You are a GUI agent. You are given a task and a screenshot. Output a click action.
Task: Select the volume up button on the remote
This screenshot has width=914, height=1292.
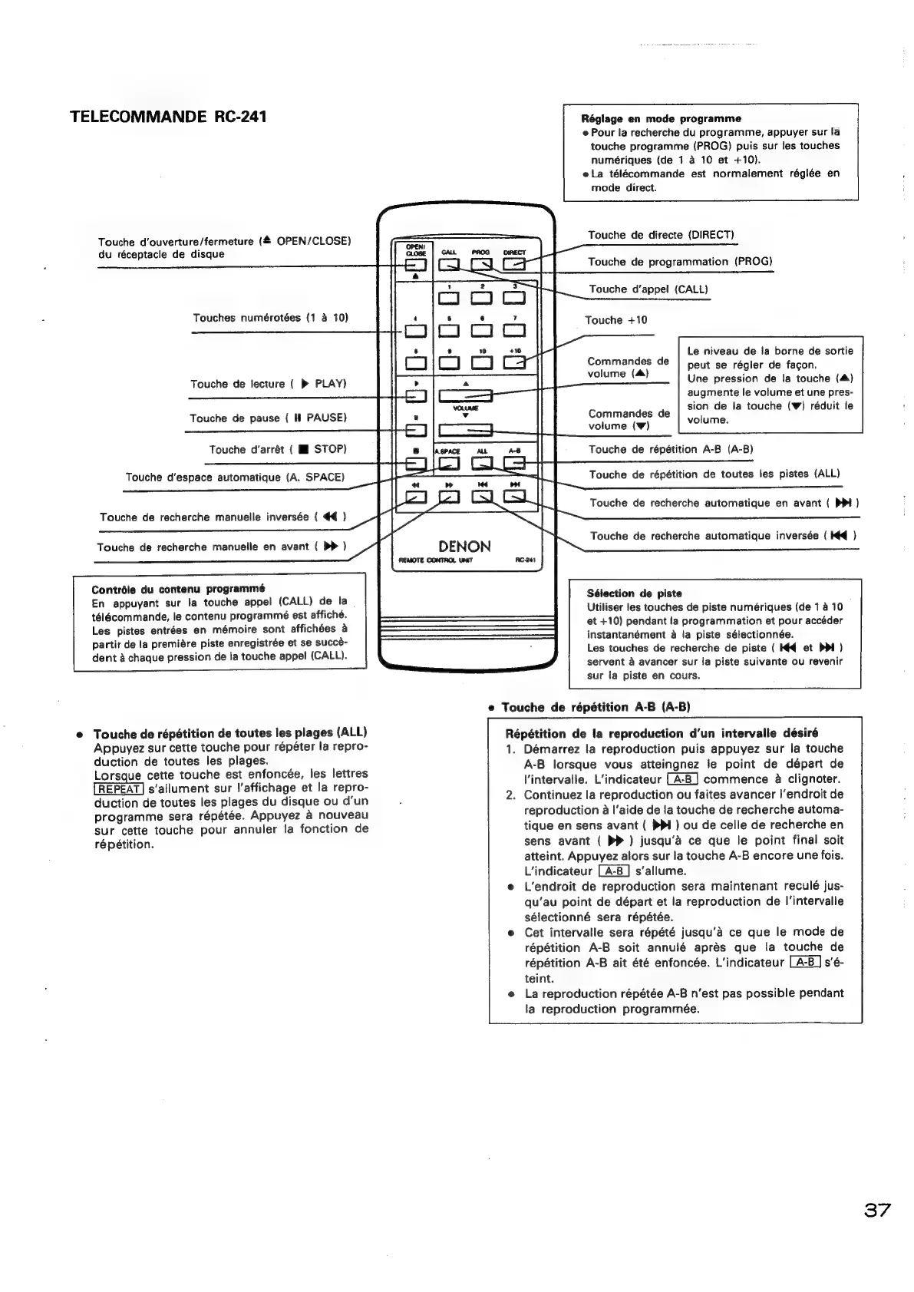[465, 396]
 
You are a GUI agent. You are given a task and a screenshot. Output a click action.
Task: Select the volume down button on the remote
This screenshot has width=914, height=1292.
[465, 431]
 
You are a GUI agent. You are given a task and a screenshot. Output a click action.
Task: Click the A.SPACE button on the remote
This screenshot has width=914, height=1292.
[447, 464]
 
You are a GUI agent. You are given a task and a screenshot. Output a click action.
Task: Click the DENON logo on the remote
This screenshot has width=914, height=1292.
[464, 547]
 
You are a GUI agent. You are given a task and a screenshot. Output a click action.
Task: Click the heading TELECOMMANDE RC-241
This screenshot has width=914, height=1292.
[169, 117]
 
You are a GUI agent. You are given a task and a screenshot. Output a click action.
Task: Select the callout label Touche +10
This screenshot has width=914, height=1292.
[615, 320]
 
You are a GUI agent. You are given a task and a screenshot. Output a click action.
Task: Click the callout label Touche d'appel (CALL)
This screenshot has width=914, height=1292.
[648, 289]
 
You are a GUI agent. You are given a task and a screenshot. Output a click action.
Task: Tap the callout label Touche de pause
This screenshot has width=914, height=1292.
[268, 418]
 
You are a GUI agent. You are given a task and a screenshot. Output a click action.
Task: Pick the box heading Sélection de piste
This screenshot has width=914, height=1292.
[634, 593]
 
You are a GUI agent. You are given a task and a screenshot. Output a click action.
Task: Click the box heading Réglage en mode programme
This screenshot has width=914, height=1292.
[661, 118]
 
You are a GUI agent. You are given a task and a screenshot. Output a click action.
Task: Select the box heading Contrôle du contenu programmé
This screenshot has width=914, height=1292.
[178, 590]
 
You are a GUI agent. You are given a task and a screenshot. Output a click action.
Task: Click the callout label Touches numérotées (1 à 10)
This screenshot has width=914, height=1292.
[270, 317]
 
